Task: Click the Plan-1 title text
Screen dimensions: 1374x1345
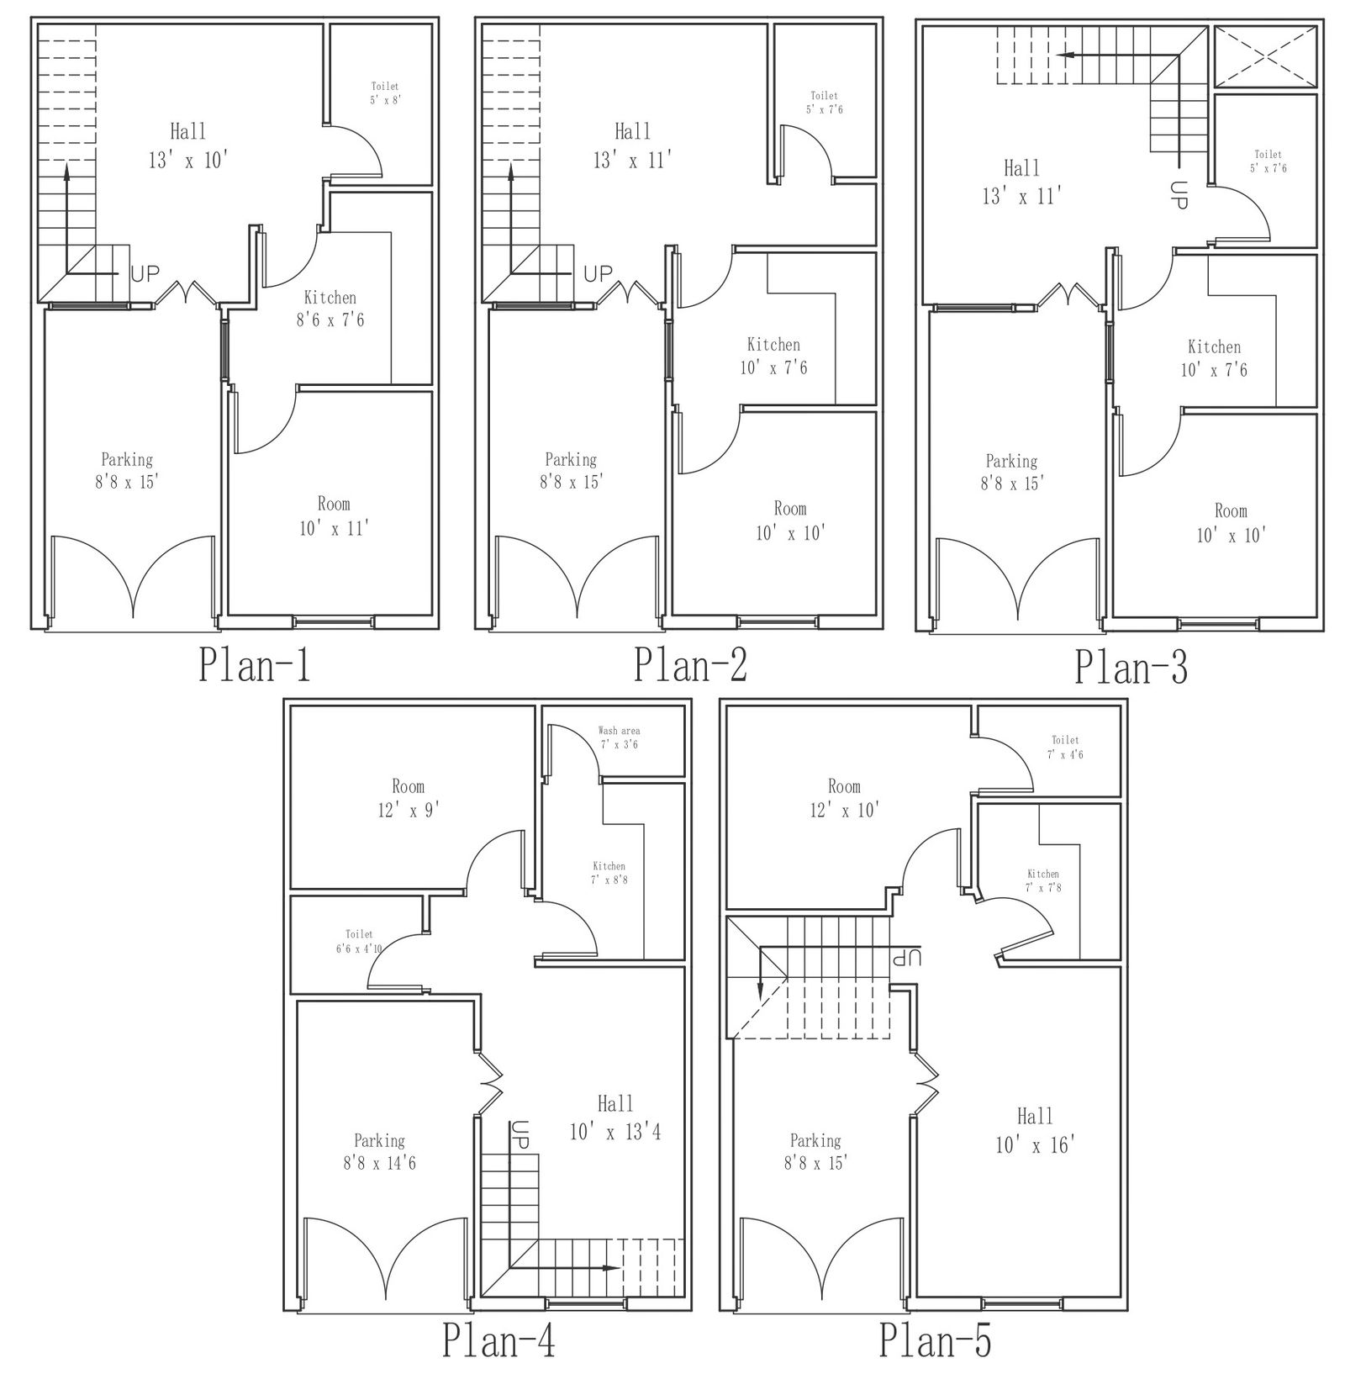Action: [255, 664]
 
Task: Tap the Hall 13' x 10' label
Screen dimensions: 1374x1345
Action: [188, 146]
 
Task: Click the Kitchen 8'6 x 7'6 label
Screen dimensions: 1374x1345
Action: [330, 309]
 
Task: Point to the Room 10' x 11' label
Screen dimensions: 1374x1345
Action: [334, 516]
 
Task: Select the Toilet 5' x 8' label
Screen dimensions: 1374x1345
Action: [385, 92]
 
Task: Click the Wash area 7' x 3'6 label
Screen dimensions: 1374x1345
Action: [619, 737]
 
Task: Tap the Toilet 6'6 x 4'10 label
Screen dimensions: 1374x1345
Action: [359, 941]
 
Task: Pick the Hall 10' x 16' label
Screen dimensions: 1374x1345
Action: [1035, 1130]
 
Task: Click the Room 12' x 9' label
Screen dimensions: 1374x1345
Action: [408, 798]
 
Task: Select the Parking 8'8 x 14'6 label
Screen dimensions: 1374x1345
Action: [379, 1152]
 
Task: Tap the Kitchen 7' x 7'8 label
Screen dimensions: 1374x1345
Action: [1042, 880]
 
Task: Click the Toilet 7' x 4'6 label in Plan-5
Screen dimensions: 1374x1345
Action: [1065, 748]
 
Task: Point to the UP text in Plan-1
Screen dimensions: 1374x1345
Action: [145, 274]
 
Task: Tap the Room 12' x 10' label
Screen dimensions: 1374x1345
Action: [844, 798]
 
